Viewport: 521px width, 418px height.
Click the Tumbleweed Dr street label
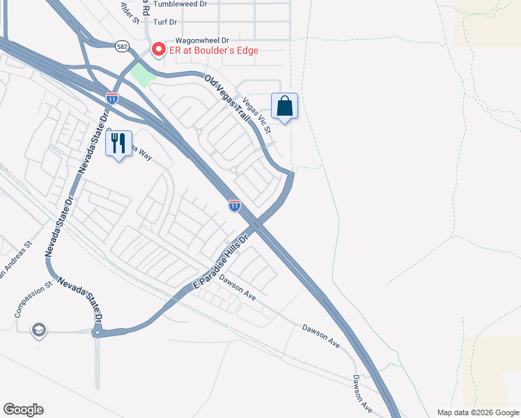pyautogui.click(x=180, y=4)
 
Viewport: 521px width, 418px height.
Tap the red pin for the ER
pyautogui.click(x=158, y=49)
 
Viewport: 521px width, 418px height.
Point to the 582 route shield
pyautogui.click(x=123, y=45)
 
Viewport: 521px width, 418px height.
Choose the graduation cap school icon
pyautogui.click(x=40, y=330)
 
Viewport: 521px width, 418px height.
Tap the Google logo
pyautogui.click(x=23, y=410)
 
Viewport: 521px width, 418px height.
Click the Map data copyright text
pyautogui.click(x=478, y=412)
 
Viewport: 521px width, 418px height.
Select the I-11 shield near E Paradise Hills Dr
pyautogui.click(x=235, y=205)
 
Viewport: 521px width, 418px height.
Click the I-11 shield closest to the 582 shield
pyautogui.click(x=111, y=98)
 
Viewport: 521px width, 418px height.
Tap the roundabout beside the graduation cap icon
pyautogui.click(x=98, y=333)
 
